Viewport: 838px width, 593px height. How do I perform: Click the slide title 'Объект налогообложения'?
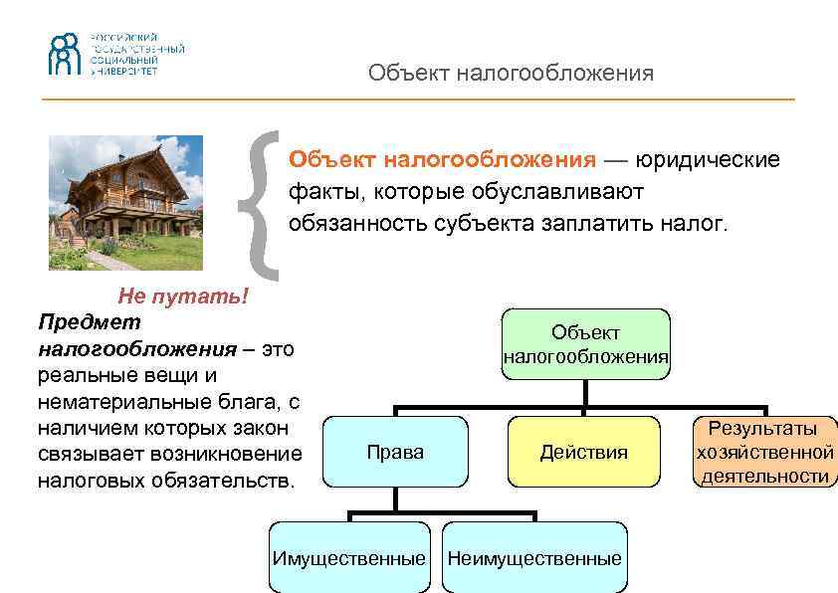(x=511, y=73)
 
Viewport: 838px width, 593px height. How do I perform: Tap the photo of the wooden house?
(x=126, y=202)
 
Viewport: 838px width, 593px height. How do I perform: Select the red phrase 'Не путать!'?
(x=182, y=296)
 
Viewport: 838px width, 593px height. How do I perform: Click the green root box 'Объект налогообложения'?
(x=585, y=344)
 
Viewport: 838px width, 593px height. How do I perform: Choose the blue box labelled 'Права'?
(x=395, y=452)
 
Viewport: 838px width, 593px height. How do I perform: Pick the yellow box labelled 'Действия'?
(x=584, y=452)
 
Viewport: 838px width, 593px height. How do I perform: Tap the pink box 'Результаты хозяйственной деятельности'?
(x=764, y=452)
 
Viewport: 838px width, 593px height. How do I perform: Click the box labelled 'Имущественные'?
(x=348, y=558)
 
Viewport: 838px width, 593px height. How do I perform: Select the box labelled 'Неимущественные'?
(x=534, y=558)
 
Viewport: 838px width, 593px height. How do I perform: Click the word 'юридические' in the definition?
(x=709, y=160)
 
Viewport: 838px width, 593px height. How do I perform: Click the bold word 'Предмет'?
(x=89, y=322)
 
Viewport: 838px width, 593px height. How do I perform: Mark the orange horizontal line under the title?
(x=418, y=99)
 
